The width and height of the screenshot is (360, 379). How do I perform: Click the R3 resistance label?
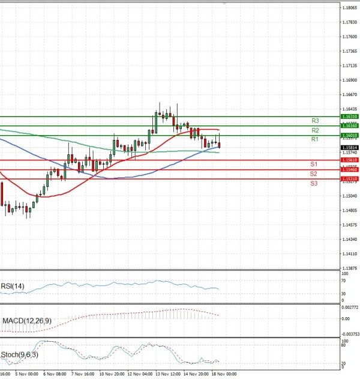point(314,121)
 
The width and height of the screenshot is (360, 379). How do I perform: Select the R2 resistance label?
point(314,130)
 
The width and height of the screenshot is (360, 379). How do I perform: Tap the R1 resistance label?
point(314,139)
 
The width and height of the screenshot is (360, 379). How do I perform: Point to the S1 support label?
point(314,164)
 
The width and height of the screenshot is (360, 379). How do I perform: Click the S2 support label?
point(314,174)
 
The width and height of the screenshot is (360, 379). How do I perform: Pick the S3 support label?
point(314,183)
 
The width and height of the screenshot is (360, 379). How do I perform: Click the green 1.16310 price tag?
point(349,117)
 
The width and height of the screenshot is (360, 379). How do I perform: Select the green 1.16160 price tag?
point(349,126)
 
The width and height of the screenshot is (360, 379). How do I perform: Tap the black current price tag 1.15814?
point(349,147)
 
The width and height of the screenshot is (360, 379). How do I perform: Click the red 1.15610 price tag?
point(349,160)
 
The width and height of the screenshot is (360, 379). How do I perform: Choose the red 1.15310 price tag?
point(349,179)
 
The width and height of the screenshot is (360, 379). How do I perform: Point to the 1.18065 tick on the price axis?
point(350,8)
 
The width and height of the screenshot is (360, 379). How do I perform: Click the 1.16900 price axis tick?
point(350,80)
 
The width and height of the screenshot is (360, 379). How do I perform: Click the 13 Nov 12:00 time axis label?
point(168,373)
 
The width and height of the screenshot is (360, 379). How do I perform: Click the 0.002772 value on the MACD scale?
point(350,308)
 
